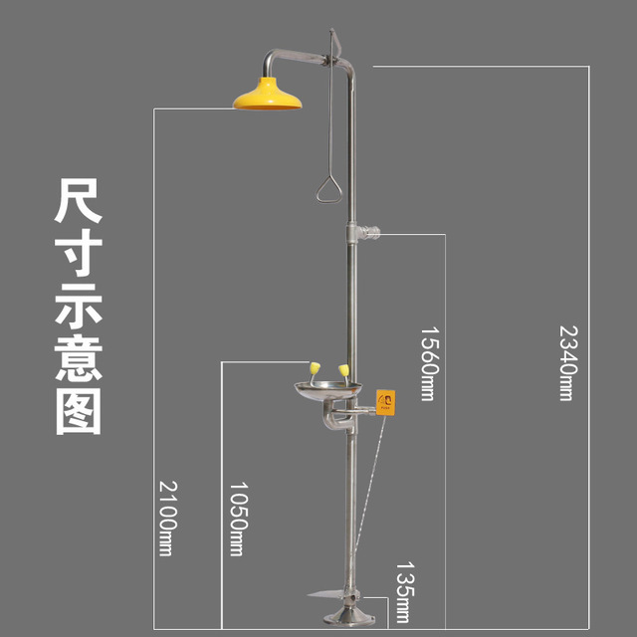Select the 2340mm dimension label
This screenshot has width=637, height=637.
tap(566, 361)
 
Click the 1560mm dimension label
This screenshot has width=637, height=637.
tap(427, 362)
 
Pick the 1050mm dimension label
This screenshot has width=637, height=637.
tap(236, 519)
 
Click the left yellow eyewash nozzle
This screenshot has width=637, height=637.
tap(312, 372)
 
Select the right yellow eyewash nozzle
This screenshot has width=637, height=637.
tap(343, 372)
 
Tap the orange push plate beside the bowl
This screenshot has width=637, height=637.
tap(384, 403)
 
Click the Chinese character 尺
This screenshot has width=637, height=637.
tap(78, 204)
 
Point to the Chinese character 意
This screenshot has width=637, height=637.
tap(78, 359)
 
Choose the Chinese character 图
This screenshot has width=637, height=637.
tap(78, 411)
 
